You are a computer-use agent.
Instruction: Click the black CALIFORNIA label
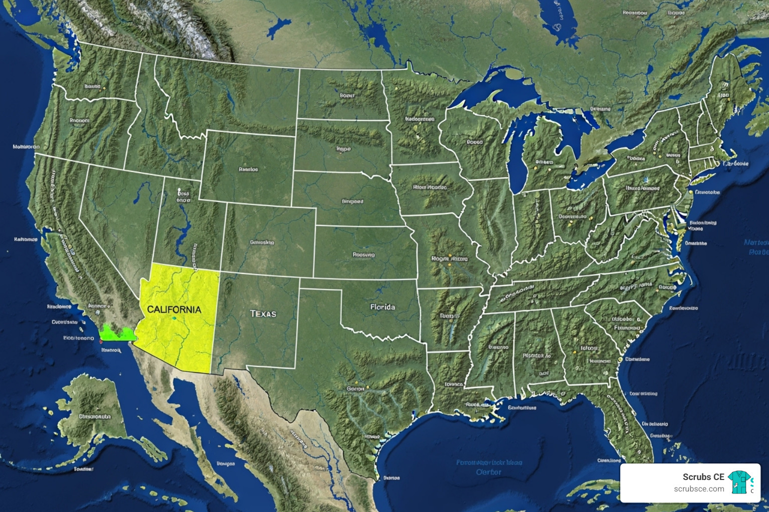[174, 309]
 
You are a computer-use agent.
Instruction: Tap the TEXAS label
[263, 313]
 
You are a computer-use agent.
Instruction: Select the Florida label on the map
[382, 306]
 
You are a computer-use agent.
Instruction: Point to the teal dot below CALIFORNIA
[174, 318]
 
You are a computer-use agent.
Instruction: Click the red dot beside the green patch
[101, 341]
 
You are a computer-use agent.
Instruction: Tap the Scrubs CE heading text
[703, 476]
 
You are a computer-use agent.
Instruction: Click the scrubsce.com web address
[698, 488]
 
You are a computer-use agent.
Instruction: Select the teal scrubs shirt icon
[739, 482]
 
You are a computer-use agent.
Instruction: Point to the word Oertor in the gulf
[488, 472]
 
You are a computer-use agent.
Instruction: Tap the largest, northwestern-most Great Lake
[496, 90]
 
